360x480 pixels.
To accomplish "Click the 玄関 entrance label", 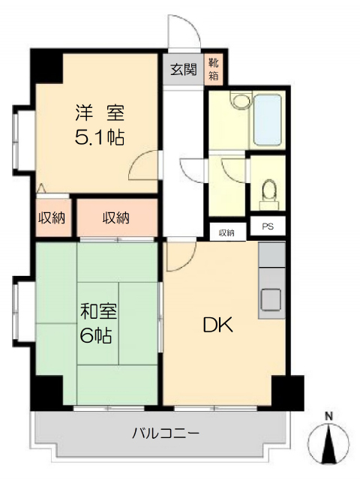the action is click(183, 70).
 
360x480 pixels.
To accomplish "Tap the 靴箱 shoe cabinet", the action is click(213, 70).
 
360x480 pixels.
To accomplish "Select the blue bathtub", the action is click(267, 120).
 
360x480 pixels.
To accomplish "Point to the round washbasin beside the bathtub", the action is click(241, 100).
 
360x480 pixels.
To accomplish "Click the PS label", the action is click(268, 226).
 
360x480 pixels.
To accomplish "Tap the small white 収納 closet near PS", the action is click(227, 232).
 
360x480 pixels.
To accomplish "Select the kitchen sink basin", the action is click(271, 299).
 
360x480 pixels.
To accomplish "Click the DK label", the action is click(217, 325).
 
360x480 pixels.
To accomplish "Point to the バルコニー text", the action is click(166, 433).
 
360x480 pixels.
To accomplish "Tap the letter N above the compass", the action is click(329, 416).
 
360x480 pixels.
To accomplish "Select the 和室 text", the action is click(98, 311).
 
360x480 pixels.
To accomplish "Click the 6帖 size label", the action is click(95, 335).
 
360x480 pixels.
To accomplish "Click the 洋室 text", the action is click(100, 112).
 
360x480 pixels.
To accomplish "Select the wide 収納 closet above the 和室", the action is click(117, 217).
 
